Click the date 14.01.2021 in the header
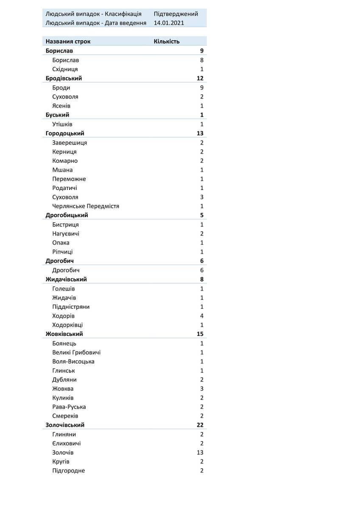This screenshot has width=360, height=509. tap(169, 23)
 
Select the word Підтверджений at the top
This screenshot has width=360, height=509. tap(176, 14)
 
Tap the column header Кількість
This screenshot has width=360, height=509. tap(167, 42)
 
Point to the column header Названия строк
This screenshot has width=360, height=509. tap(68, 42)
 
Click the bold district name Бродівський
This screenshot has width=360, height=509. tap(64, 78)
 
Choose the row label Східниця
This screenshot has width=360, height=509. tap(65, 69)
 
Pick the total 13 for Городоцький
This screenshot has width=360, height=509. tap(200, 134)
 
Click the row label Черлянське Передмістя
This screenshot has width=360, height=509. tap(86, 206)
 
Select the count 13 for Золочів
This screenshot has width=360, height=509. tap(200, 453)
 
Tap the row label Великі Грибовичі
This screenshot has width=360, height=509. tap(76, 352)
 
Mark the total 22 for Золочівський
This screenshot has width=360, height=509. tap(200, 425)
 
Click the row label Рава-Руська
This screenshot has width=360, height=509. tap(69, 407)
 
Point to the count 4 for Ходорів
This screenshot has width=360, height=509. tap(202, 316)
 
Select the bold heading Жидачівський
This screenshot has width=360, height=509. tap(66, 280)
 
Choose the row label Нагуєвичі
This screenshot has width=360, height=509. tap(66, 234)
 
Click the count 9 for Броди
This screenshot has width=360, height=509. tap(202, 88)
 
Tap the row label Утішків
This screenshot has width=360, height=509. tap(62, 124)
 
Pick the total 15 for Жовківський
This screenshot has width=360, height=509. tap(200, 334)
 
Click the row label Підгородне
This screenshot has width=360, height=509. tap(68, 471)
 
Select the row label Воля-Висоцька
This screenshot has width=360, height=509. tap(73, 362)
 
